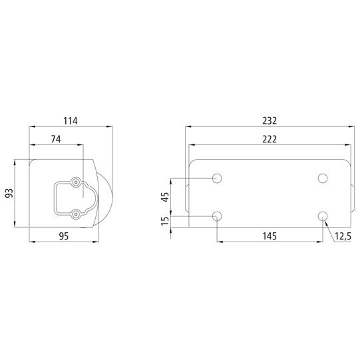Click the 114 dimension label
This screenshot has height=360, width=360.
pos(71,120)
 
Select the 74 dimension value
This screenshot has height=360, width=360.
pos(56,139)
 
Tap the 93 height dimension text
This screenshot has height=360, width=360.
pos(9,193)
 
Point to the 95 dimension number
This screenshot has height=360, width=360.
pos(64,236)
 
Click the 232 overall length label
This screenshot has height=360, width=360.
pos(270,120)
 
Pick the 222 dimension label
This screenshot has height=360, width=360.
pos(270,139)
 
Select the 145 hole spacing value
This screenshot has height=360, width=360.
pos(270,236)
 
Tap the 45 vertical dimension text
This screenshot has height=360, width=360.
pos(165,197)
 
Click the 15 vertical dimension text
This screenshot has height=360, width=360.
pos(165,221)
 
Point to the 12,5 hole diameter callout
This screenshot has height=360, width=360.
pos(343,236)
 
